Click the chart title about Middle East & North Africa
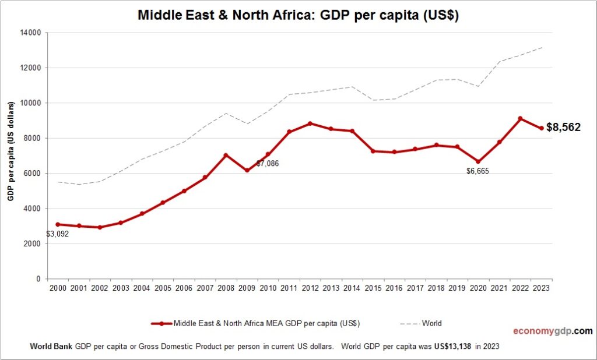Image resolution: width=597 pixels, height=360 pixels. click(x=298, y=16)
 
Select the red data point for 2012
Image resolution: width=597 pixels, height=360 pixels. click(x=310, y=123)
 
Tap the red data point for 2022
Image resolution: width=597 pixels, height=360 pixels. click(x=520, y=118)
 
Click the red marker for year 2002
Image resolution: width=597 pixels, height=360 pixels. click(x=100, y=227)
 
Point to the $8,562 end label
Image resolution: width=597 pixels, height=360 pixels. click(x=563, y=128)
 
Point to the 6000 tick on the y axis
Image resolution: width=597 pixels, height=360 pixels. click(x=31, y=174)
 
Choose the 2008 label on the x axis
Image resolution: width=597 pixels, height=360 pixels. click(x=226, y=288)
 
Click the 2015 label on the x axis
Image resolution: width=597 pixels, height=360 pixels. click(x=373, y=288)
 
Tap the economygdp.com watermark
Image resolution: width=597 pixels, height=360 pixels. click(x=552, y=331)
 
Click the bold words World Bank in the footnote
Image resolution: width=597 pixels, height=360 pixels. click(x=51, y=346)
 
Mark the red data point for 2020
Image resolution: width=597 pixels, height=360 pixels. click(x=478, y=162)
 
